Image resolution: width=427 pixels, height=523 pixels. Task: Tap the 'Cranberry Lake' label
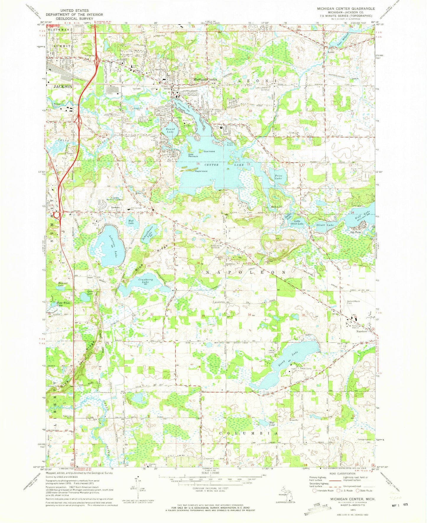click(x=145, y=281)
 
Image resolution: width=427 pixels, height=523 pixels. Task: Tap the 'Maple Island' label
click(x=201, y=171)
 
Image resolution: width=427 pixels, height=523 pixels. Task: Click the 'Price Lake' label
click(x=278, y=177)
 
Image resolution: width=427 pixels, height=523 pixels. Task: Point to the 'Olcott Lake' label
click(x=325, y=225)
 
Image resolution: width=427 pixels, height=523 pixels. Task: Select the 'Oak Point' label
click(x=355, y=232)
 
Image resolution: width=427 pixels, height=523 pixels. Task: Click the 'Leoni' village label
click(x=331, y=52)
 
